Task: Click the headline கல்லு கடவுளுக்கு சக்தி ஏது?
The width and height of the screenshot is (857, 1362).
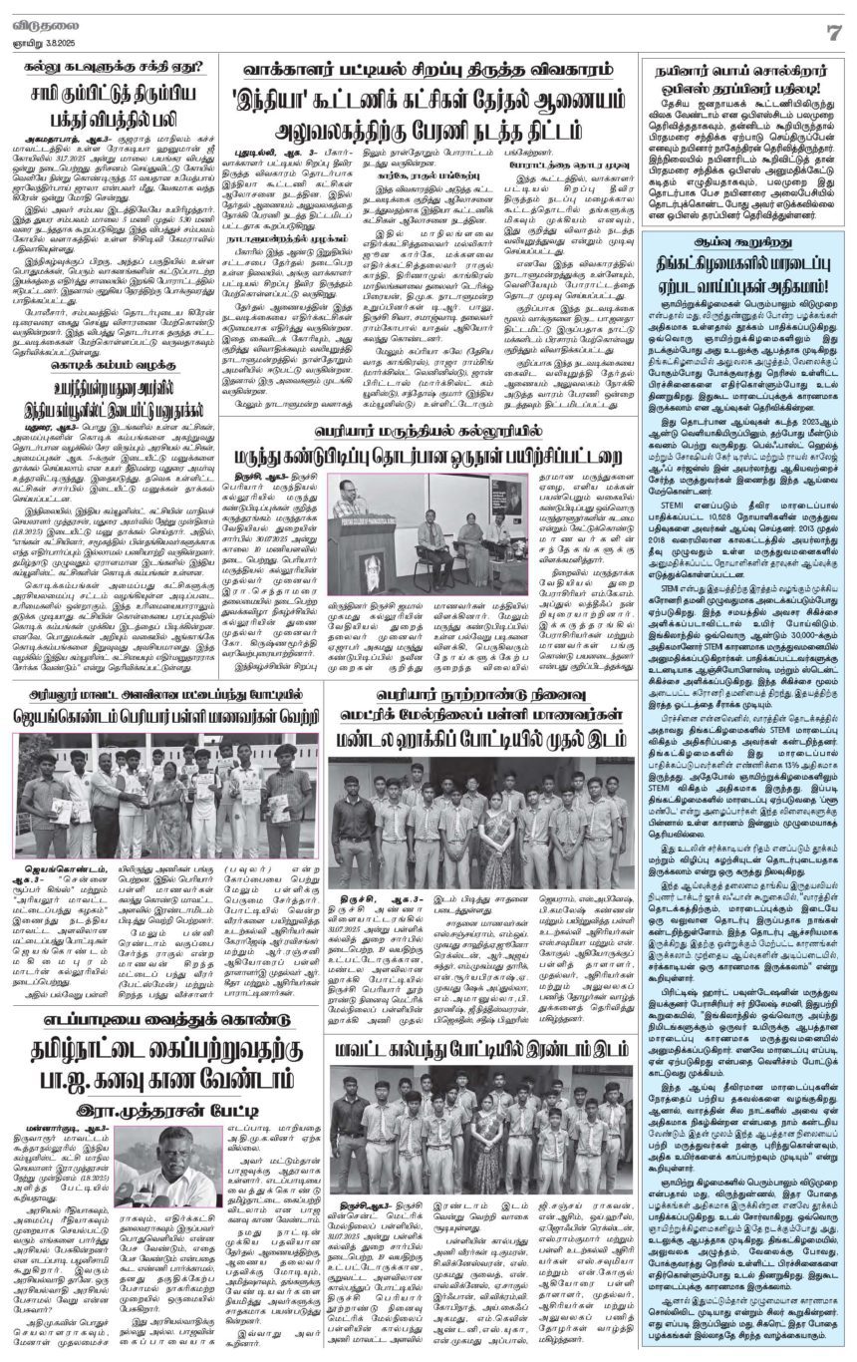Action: point(113,68)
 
